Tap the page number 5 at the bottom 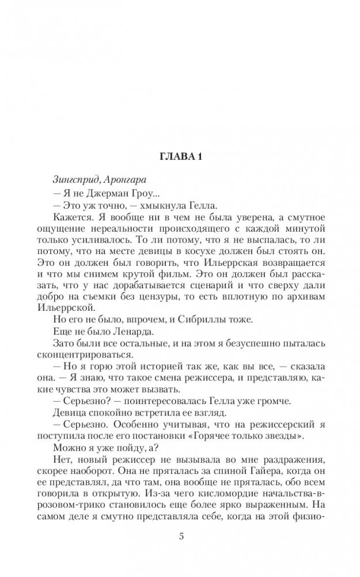[x=180, y=537]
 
